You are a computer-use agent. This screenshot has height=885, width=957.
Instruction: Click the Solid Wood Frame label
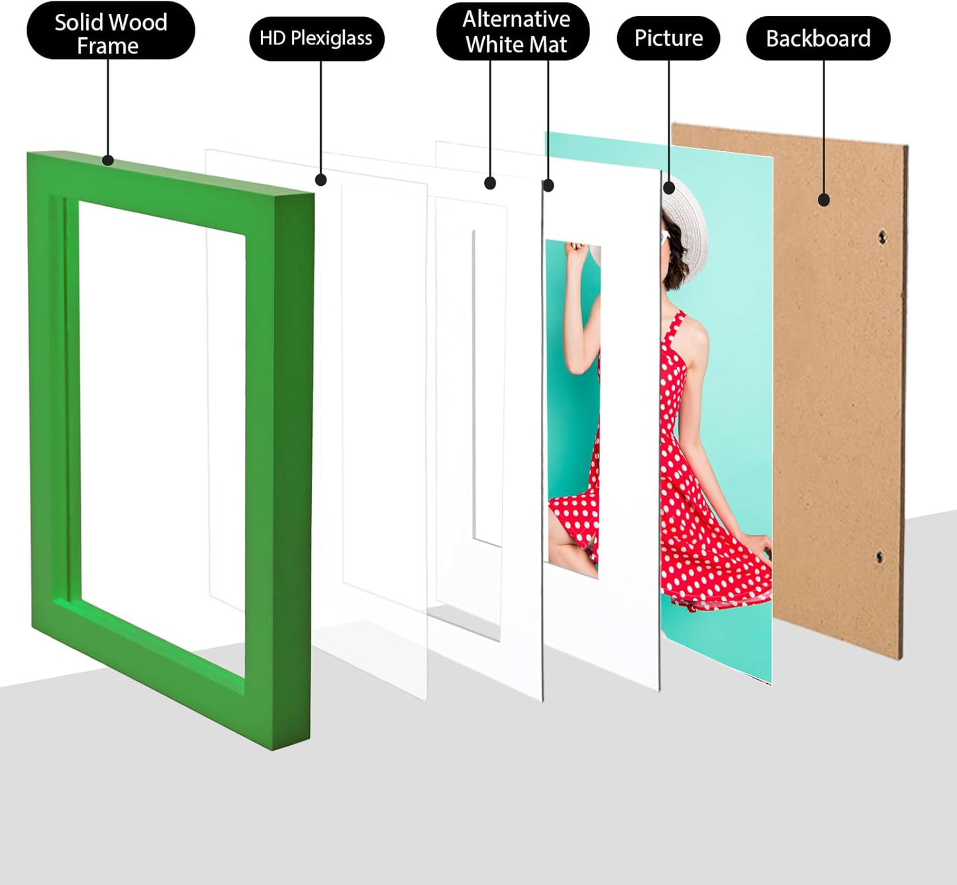(111, 33)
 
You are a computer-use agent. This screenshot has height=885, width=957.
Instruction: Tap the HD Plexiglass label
(316, 38)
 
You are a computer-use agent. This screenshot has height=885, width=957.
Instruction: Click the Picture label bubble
(668, 38)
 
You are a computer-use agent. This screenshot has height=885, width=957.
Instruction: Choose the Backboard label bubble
(818, 38)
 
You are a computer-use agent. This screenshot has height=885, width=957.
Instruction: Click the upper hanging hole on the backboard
(882, 236)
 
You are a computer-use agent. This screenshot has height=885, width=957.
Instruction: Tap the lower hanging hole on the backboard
(880, 557)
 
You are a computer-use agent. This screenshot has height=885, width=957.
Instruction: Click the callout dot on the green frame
(108, 160)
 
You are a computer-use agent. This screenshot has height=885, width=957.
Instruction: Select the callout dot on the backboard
(824, 199)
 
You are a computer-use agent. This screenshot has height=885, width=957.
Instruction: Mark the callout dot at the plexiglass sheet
(321, 179)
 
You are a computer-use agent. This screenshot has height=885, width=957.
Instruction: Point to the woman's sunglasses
(664, 236)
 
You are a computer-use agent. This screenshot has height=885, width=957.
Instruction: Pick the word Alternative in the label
(516, 19)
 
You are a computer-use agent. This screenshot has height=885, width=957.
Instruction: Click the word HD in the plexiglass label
(272, 38)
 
